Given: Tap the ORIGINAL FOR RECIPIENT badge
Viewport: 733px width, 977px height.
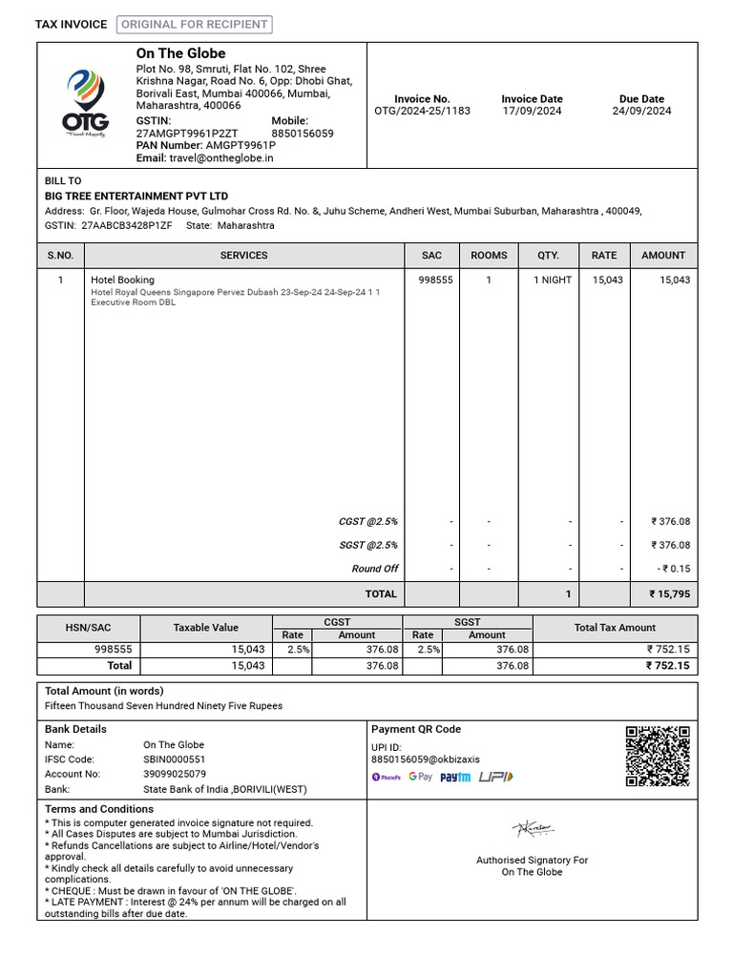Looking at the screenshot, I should coord(195,25).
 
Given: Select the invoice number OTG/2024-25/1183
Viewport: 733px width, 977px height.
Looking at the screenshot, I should coord(422,112).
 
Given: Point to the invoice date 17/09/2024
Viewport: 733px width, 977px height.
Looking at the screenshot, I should coord(532,112).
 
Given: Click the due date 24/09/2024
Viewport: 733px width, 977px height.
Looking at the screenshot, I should coord(641,112).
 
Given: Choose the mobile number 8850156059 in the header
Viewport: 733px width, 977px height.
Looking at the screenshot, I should coord(303,134).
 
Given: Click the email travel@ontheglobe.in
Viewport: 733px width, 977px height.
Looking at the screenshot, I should coord(220,158).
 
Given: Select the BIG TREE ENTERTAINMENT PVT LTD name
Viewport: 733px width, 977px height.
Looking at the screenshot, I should coord(136,197).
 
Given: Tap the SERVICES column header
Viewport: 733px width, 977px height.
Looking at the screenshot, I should coord(243,256).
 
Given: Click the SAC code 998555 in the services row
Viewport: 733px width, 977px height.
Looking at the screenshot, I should coord(435,281).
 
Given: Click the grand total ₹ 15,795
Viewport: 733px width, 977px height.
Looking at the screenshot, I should coord(669,594).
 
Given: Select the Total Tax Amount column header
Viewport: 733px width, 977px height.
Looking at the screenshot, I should coord(615,628).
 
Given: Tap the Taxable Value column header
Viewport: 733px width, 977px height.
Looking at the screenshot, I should coord(205,628).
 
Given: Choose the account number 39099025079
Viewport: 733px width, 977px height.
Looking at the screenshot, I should coord(174,774).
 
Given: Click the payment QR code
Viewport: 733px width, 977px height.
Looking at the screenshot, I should coord(658,756).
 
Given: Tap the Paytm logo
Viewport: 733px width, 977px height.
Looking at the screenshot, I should coord(455,778).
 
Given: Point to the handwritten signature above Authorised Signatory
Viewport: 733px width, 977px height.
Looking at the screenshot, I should coord(533,830).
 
